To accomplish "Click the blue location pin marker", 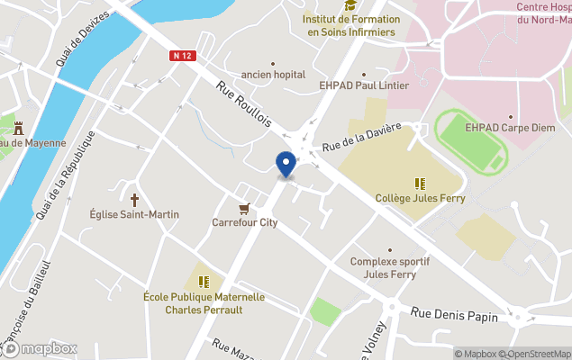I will coord(286,165).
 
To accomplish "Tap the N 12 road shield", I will coord(183,56).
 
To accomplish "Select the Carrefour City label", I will coord(244,222).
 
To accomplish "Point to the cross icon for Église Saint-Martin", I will coord(135,200).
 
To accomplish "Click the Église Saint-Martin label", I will coord(134,214).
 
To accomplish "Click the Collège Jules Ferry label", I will coord(420,199).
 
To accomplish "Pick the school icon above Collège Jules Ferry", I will coord(420,184).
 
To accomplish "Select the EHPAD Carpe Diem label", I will coord(511,128).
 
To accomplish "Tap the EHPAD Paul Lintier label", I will coord(364,85).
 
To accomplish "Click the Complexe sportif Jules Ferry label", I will coord(390,267).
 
